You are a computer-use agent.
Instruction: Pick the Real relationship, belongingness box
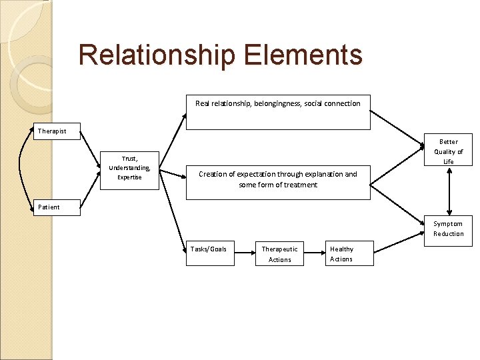pyautogui.click(x=277, y=111)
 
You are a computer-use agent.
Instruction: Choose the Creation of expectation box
pyautogui.click(x=277, y=182)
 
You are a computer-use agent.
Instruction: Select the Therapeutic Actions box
pyautogui.click(x=279, y=254)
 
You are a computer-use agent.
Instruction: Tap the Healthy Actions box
pyautogui.click(x=349, y=254)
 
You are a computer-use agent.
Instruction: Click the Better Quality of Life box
pyautogui.click(x=448, y=151)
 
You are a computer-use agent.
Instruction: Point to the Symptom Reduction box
pyautogui.click(x=448, y=229)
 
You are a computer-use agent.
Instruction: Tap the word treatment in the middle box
pyautogui.click(x=300, y=185)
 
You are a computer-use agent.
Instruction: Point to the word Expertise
pyautogui.click(x=129, y=177)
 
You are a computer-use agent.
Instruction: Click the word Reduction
pyautogui.click(x=448, y=234)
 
